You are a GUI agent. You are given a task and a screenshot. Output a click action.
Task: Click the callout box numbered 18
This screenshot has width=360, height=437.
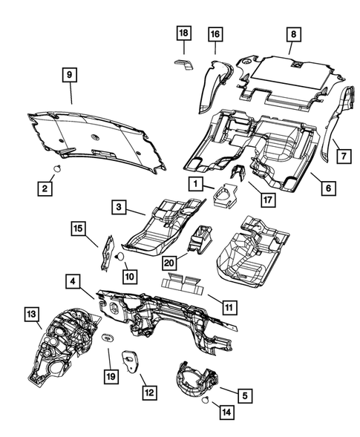pos(183,33)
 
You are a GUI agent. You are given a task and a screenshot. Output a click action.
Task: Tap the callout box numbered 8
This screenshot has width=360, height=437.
pos(292,33)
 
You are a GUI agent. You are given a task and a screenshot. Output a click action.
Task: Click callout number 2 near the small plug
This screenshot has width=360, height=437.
pos(45,191)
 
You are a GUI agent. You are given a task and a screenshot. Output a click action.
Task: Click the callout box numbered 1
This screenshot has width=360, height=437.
pos(195,183)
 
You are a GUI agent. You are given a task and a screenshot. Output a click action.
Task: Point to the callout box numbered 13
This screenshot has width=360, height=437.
pos(31,315)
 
